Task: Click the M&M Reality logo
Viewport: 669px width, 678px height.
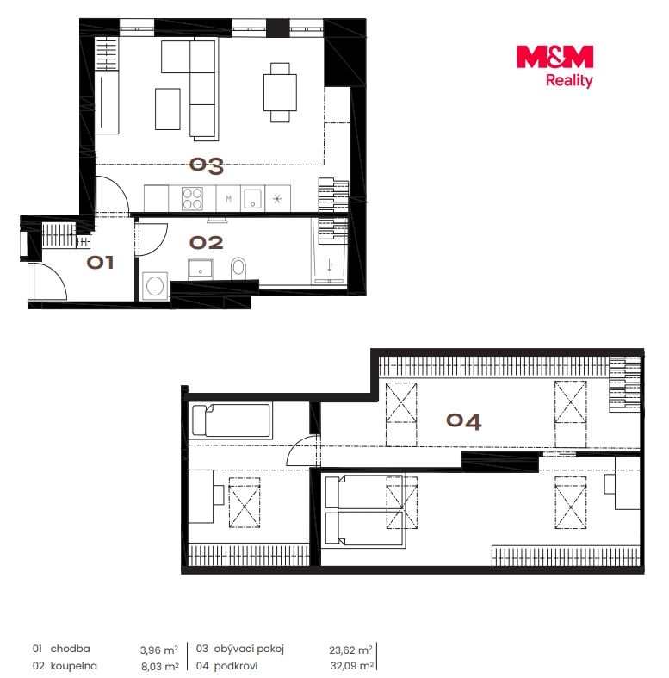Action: pyautogui.click(x=554, y=66)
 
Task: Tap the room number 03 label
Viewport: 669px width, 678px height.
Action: pyautogui.click(x=207, y=166)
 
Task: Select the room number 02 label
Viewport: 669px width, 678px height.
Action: pyautogui.click(x=206, y=243)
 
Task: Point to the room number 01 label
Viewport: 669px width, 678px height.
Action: pyautogui.click(x=100, y=262)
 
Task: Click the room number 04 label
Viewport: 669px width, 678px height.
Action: pyautogui.click(x=464, y=421)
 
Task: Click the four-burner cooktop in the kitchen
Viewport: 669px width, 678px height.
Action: pyautogui.click(x=192, y=198)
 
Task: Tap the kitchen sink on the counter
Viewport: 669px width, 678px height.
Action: pyautogui.click(x=252, y=199)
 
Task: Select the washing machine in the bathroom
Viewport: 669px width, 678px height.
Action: pyautogui.click(x=155, y=286)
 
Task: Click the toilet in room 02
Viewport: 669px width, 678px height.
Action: pyautogui.click(x=238, y=269)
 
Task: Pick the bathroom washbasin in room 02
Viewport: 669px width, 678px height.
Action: pyautogui.click(x=200, y=270)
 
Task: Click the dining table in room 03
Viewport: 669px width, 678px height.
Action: pyautogui.click(x=280, y=92)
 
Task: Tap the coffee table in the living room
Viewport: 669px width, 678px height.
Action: pyautogui.click(x=168, y=109)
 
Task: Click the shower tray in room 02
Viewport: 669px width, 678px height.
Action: pyautogui.click(x=329, y=251)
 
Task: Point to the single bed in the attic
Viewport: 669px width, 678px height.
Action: pyautogui.click(x=232, y=420)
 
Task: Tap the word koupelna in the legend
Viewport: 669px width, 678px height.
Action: pyautogui.click(x=73, y=666)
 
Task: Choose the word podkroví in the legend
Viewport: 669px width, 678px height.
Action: pyautogui.click(x=236, y=666)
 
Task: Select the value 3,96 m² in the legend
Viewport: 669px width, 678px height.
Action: pyautogui.click(x=159, y=650)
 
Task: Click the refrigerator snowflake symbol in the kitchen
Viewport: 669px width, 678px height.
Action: pyautogui.click(x=277, y=199)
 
